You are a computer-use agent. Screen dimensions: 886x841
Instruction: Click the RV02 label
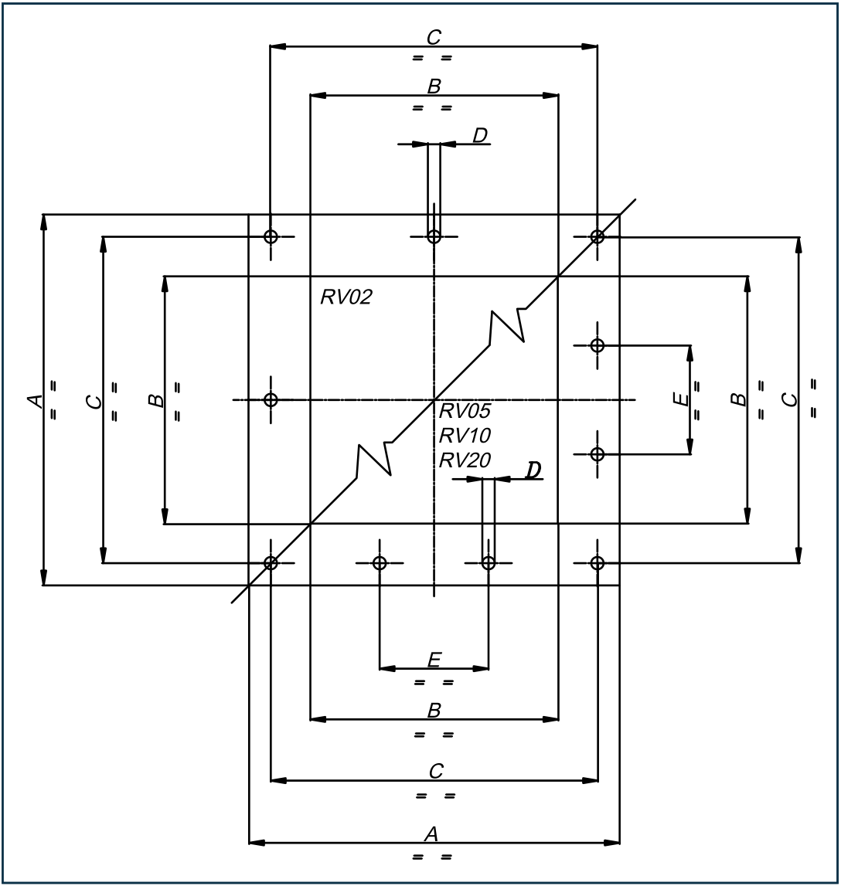(346, 297)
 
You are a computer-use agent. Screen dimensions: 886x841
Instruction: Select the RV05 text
(465, 410)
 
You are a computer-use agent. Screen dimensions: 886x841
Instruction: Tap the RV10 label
(465, 435)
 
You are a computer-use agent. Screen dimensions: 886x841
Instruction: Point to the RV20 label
(465, 460)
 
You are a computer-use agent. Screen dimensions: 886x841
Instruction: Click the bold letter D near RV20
(533, 470)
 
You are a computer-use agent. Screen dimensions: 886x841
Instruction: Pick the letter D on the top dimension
(480, 136)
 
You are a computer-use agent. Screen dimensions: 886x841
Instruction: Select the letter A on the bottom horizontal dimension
(432, 833)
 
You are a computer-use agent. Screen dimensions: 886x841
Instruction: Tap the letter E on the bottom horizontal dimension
(434, 660)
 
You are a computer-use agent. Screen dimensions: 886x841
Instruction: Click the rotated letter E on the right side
(679, 399)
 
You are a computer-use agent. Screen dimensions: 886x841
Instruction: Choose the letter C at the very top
(434, 37)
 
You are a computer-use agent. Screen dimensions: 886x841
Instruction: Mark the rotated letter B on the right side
(738, 399)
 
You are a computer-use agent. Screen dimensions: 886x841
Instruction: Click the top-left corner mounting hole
(271, 236)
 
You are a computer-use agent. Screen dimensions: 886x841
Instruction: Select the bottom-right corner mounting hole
(597, 563)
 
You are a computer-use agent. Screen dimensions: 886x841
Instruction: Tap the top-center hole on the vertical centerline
(434, 236)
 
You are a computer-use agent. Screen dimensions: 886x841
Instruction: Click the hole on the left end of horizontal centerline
(271, 399)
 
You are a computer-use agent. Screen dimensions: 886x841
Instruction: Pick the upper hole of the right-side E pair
(597, 345)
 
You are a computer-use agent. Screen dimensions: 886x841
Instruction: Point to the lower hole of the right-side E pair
(597, 454)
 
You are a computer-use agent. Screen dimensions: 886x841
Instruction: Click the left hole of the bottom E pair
(380, 563)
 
